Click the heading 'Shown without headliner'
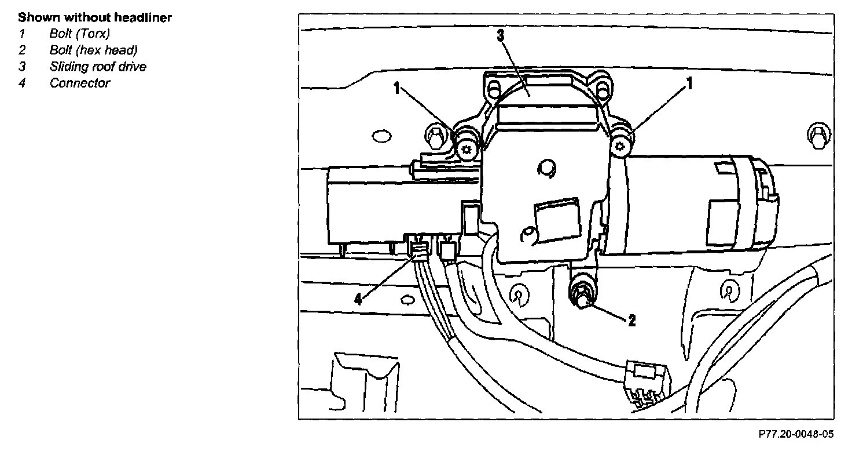(95, 18)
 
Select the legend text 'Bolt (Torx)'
(79, 34)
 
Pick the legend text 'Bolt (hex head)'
(93, 50)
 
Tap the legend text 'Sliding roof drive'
(98, 66)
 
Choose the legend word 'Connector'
(79, 83)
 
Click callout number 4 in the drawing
(358, 299)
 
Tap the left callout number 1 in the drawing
(396, 88)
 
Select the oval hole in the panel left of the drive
(381, 137)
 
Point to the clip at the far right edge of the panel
(816, 136)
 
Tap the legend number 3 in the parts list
(22, 66)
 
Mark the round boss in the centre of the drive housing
(545, 169)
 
